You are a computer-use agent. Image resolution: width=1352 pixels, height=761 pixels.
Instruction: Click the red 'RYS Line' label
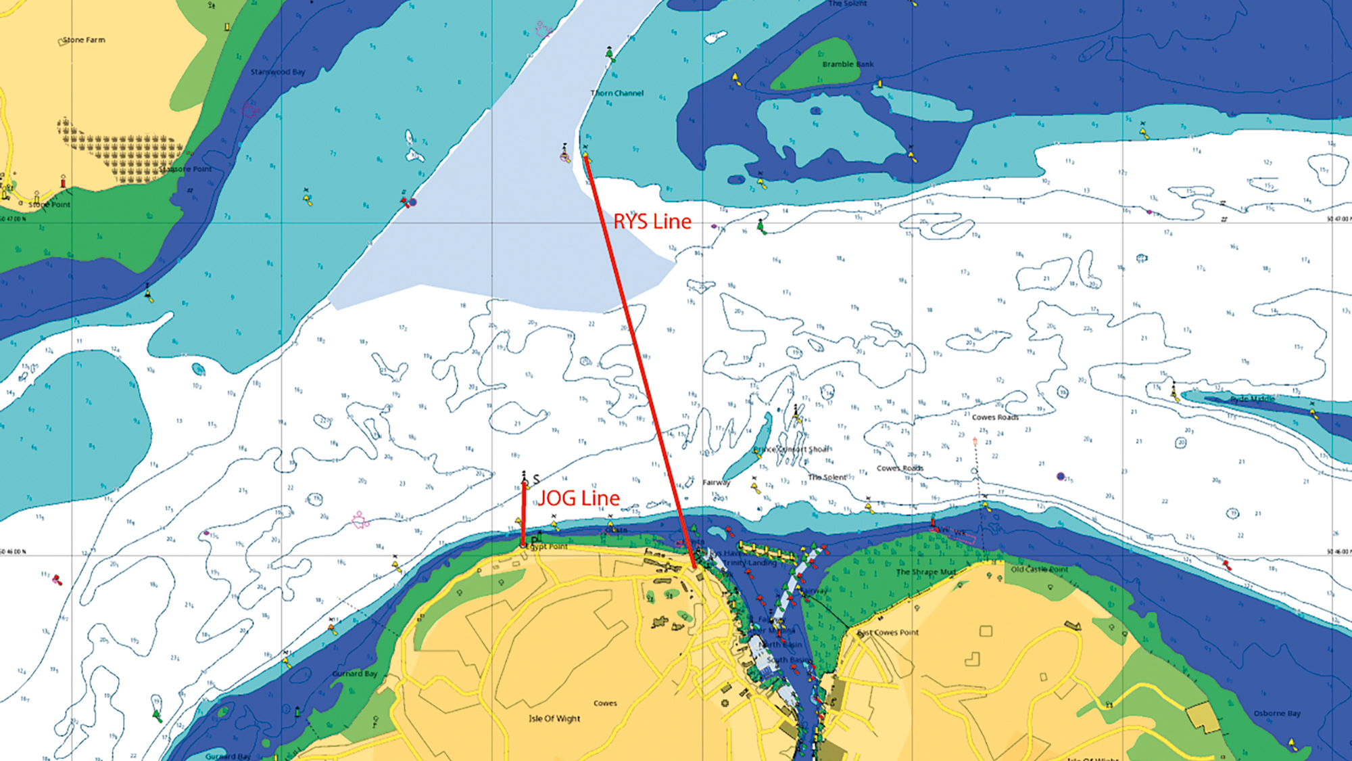point(652,222)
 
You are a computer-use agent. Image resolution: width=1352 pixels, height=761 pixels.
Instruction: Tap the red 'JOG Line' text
point(579,499)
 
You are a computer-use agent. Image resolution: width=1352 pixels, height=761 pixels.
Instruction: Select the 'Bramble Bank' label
point(848,64)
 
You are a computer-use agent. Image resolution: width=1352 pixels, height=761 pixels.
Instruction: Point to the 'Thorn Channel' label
point(617,93)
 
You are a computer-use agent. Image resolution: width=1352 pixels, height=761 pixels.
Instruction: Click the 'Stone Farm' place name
point(84,40)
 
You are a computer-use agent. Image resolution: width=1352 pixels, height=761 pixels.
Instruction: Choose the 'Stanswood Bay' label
point(278,72)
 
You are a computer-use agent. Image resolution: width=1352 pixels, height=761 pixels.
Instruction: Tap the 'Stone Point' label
point(49,204)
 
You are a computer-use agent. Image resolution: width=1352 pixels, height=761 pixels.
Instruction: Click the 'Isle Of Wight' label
point(554,718)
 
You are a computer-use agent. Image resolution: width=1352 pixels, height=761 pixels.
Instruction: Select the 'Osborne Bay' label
point(1277,713)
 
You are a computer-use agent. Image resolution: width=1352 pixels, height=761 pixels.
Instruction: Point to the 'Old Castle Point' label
point(1040,570)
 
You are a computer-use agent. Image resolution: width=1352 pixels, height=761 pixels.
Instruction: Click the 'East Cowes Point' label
point(888,632)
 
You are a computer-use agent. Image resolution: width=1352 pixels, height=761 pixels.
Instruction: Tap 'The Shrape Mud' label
point(926,572)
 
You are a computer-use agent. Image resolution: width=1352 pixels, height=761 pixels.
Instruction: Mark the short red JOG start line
point(523,514)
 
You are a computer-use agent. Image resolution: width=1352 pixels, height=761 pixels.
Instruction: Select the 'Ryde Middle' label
point(1252,399)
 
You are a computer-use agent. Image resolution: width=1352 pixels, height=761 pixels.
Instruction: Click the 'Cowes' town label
point(605,704)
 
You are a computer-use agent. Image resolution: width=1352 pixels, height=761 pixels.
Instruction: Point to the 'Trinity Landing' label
point(750,563)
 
